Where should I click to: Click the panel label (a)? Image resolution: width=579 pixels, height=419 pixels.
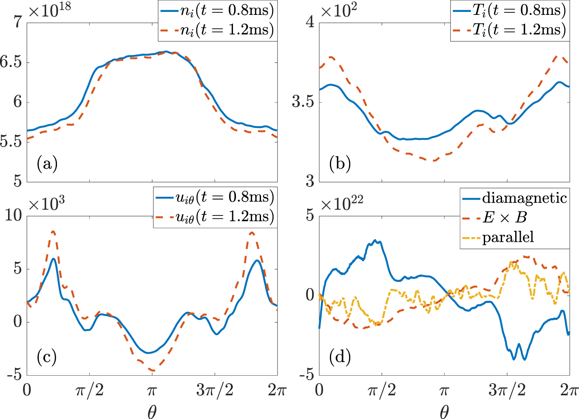click(47, 164)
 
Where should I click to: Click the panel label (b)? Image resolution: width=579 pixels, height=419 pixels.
click(340, 164)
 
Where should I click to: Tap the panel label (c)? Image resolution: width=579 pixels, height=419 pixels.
click(47, 357)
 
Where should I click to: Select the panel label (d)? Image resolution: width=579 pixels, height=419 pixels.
click(340, 357)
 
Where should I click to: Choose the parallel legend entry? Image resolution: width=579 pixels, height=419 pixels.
click(508, 237)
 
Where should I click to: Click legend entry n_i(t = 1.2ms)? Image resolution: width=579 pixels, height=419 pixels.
click(227, 30)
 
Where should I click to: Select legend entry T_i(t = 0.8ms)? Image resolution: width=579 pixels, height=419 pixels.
click(519, 11)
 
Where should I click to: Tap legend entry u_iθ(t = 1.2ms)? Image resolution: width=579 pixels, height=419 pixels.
click(225, 217)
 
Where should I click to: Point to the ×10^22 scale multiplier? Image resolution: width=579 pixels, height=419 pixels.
click(342, 204)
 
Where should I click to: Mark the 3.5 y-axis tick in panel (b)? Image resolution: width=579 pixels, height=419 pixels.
click(303, 102)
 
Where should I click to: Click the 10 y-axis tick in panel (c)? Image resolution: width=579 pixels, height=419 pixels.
click(13, 215)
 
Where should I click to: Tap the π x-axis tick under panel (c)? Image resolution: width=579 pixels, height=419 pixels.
click(152, 390)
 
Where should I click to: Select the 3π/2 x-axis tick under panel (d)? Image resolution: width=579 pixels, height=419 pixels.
click(507, 390)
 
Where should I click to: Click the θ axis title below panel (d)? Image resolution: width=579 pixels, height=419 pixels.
click(444, 411)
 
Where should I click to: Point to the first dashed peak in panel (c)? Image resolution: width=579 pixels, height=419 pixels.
click(53, 232)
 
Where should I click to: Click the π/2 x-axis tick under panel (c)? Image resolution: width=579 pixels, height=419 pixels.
click(89, 390)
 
